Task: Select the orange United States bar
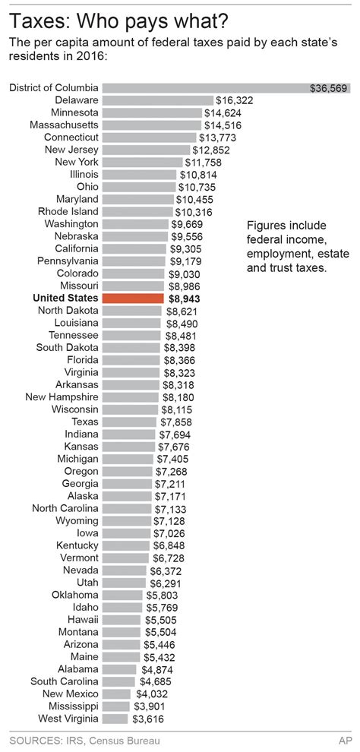132,299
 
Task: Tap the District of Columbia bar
205,88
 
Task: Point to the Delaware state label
76,100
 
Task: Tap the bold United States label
66,299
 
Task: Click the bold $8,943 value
185,299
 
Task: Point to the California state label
75,248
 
